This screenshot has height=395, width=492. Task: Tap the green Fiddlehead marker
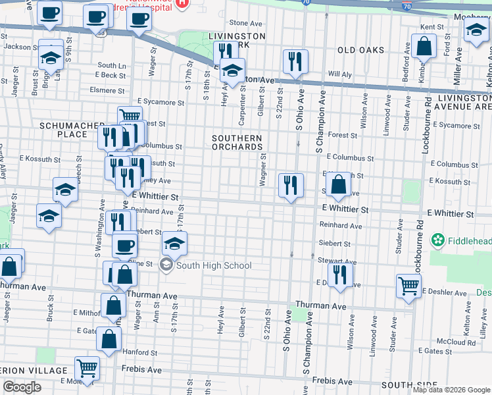click(437, 242)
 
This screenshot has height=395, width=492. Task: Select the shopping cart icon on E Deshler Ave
click(408, 286)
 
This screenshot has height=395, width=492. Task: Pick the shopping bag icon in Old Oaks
click(424, 47)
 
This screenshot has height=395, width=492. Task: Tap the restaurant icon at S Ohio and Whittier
click(291, 185)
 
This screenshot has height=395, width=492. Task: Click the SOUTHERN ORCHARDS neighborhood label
click(237, 142)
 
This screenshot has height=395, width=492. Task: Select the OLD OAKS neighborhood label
click(360, 50)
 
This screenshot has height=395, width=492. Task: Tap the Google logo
click(22, 387)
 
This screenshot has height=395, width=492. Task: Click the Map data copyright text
click(451, 390)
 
